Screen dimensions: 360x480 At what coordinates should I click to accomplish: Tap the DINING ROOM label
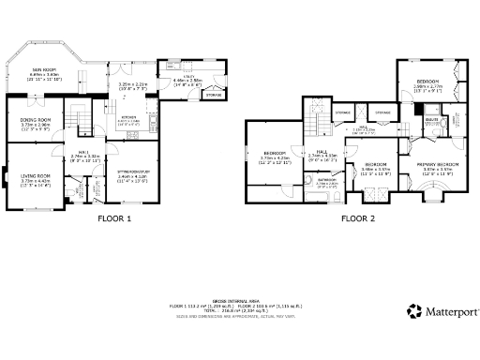click(37, 120)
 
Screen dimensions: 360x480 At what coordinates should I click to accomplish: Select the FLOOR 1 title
click(115, 217)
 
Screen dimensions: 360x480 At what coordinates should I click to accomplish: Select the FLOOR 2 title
click(357, 217)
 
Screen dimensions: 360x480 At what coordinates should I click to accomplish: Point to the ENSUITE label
click(432, 120)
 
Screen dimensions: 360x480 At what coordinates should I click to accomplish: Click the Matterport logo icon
click(413, 311)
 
